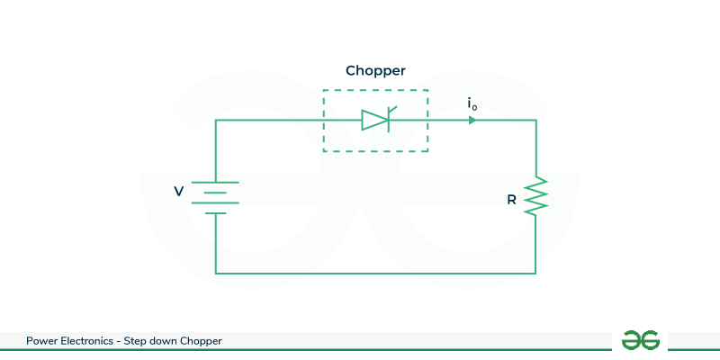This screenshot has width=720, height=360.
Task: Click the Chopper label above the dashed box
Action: coord(375,70)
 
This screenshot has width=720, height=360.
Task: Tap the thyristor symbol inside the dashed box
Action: coord(377,120)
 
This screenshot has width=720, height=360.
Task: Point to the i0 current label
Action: coord(472,104)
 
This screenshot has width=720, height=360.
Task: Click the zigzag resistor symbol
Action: coord(535,196)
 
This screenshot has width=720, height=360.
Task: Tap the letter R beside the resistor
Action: coord(511,200)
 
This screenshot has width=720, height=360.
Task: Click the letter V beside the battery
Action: coord(178,192)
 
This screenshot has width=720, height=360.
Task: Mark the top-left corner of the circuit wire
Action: coord(216,120)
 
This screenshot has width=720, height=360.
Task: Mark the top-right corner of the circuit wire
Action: coord(535,120)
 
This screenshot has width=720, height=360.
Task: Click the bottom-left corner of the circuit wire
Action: coord(216,273)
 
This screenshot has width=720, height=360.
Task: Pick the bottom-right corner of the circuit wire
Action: coord(535,273)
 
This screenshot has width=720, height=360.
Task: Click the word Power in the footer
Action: coord(41,341)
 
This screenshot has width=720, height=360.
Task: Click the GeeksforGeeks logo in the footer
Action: coord(641,340)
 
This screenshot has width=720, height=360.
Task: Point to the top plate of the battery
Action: coord(216,182)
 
